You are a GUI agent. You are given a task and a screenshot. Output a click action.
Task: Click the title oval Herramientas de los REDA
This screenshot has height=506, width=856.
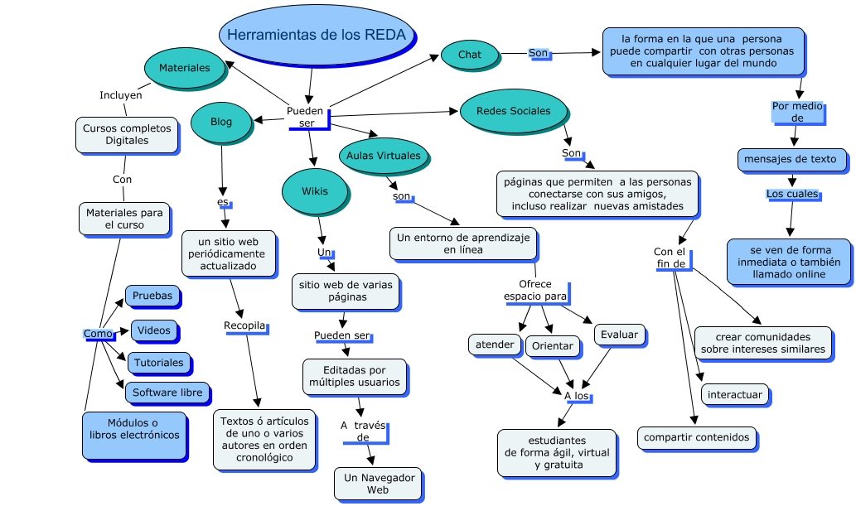pos(317,35)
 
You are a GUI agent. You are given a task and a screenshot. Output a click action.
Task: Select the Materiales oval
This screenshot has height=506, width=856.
pos(185,68)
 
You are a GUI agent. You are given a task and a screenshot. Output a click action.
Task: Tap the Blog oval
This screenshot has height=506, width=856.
pos(221,122)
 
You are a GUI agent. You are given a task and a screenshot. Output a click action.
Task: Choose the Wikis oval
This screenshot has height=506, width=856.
pos(314,191)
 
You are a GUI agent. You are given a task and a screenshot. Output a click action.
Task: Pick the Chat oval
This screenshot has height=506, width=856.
pos(470,55)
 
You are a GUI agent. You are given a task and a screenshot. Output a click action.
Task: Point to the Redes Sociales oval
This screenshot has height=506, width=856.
pos(513,111)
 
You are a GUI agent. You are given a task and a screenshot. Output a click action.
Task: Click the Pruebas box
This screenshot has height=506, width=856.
pos(152,295)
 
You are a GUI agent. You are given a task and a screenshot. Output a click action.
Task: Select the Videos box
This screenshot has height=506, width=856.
pos(154,330)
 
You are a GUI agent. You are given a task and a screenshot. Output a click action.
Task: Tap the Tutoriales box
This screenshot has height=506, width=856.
pos(158,363)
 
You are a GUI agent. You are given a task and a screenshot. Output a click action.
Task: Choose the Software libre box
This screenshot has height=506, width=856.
pos(167,392)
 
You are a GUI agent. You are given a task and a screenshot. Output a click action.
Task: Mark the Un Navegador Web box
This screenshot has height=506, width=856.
pos(378,484)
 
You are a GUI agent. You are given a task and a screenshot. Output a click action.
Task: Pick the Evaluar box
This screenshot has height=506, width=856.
pos(620,335)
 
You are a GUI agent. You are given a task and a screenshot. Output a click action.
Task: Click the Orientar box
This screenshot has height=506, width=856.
pos(552,345)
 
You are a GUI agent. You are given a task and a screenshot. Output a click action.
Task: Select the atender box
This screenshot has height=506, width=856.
pos(495,344)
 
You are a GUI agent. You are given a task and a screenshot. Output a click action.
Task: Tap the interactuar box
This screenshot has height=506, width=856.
pos(734,394)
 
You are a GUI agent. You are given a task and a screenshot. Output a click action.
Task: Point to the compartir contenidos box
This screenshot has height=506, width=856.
pos(696,437)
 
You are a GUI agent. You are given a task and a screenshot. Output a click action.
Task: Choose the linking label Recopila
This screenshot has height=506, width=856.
pos(244,325)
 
